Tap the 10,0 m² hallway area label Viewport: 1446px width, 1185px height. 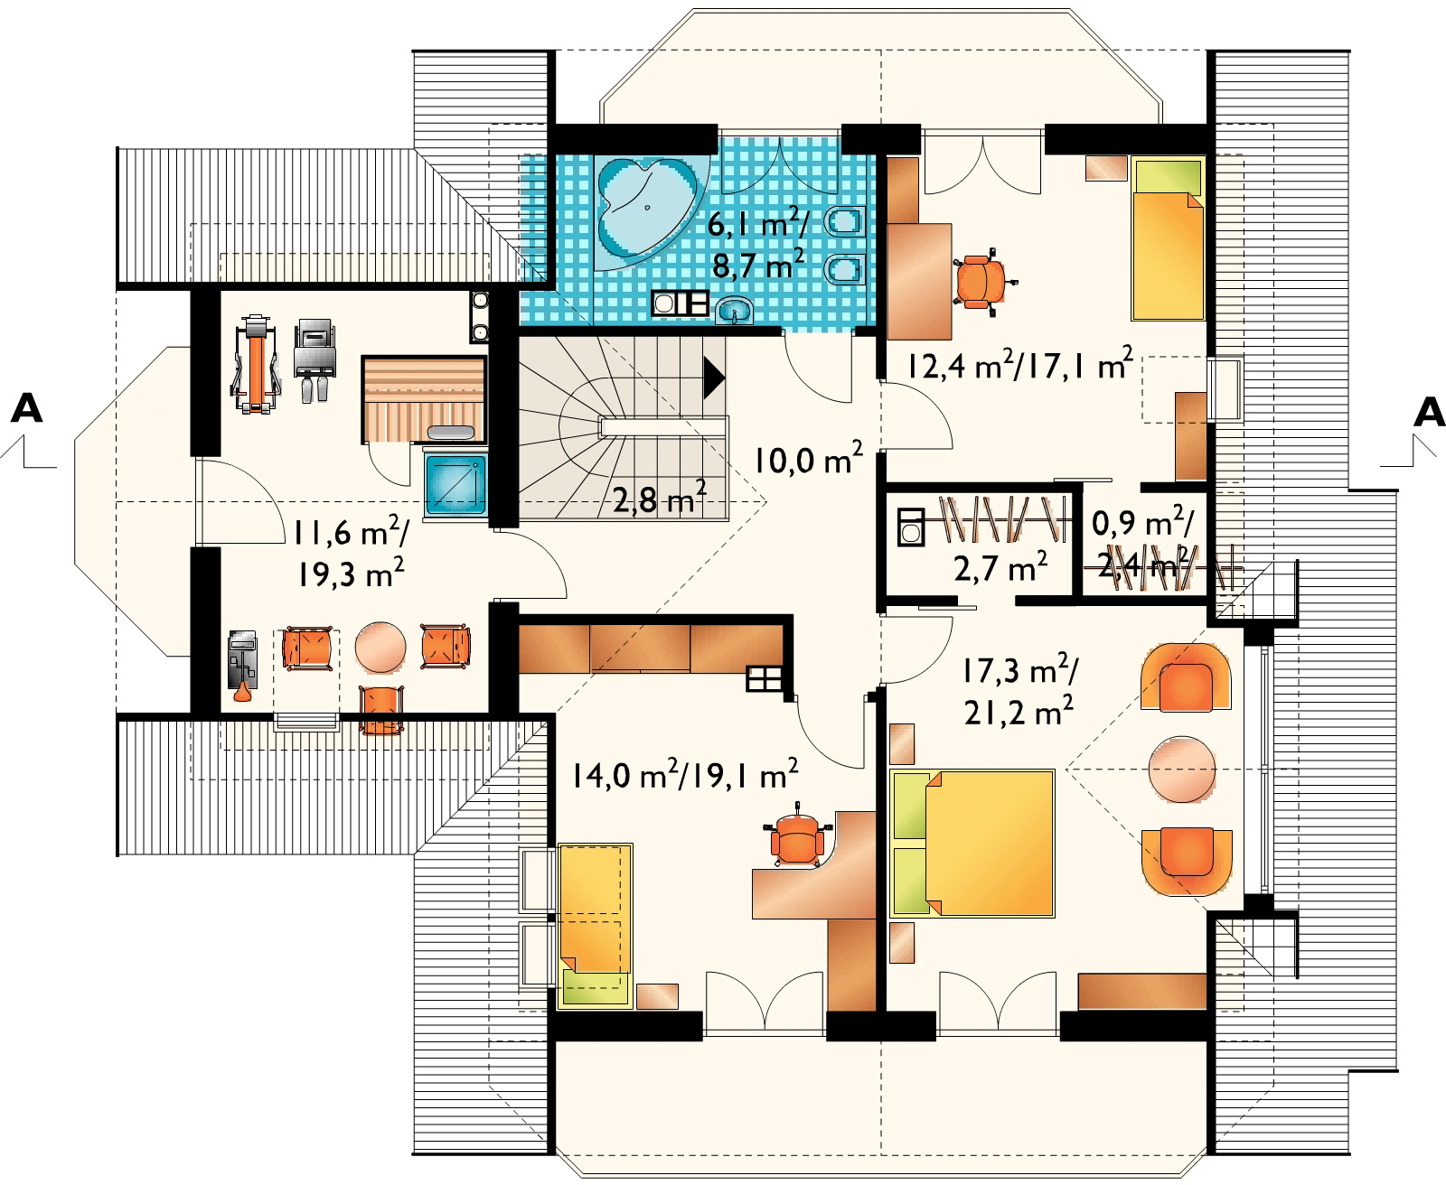808,459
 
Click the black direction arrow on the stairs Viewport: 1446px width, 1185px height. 714,377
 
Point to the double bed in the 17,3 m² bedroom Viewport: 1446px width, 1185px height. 972,843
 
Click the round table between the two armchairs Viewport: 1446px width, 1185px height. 1181,769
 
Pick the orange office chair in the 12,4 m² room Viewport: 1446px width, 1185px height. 981,282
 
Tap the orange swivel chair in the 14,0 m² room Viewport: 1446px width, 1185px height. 797,836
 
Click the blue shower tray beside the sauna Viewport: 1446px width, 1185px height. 455,484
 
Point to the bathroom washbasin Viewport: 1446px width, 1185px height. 735,312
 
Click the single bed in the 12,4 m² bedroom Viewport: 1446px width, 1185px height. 1168,238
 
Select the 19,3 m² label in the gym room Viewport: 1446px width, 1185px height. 350,574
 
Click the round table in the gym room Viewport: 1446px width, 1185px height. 380,647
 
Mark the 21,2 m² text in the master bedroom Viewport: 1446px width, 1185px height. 1019,713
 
